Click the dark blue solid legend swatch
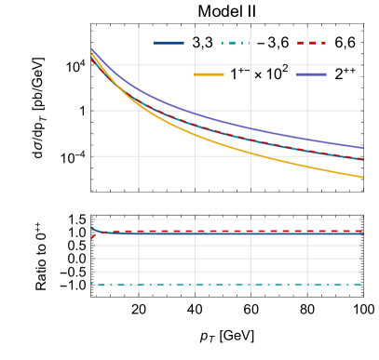click(x=169, y=43)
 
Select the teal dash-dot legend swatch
click(x=234, y=43)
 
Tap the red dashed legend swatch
click(x=311, y=43)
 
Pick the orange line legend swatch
click(x=209, y=73)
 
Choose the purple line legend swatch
click(x=311, y=73)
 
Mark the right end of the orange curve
click(x=362, y=177)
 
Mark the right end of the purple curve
click(x=362, y=148)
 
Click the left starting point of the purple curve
click(x=91, y=49)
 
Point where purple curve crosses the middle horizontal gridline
click(x=186, y=111)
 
